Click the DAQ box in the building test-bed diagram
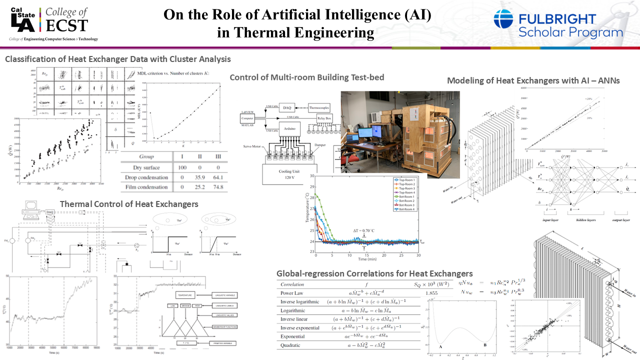[287, 107]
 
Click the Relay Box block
[324, 119]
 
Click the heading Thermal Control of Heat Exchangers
[129, 204]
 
